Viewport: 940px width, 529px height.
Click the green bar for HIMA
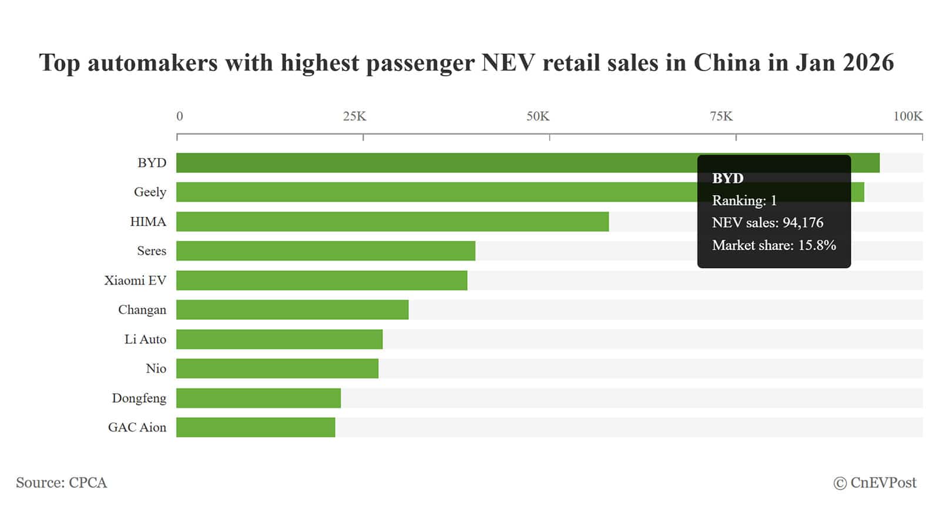[x=392, y=222]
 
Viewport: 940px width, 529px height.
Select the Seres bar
[x=325, y=251]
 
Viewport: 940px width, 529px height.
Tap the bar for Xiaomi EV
[x=321, y=280]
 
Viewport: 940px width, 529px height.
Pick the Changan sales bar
[x=292, y=310]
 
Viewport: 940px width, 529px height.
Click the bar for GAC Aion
[x=256, y=427]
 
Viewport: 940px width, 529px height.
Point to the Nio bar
[x=277, y=369]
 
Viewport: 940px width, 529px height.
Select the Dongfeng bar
[x=258, y=398]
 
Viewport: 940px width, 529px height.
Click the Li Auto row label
[x=145, y=339]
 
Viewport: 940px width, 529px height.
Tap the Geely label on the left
[x=150, y=192]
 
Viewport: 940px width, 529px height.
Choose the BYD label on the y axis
[x=152, y=163]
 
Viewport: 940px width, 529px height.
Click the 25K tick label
[x=354, y=116]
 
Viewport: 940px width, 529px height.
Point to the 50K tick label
[x=538, y=116]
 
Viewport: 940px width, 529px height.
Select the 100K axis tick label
[x=908, y=116]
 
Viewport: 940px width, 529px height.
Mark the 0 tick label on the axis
[x=180, y=116]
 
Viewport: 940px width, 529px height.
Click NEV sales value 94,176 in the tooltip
[x=803, y=223]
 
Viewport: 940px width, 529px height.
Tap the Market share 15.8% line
[x=774, y=245]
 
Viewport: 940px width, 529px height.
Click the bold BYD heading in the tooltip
[x=727, y=178]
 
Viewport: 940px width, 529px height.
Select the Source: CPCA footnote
[x=61, y=483]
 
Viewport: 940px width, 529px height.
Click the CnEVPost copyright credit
[x=875, y=483]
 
